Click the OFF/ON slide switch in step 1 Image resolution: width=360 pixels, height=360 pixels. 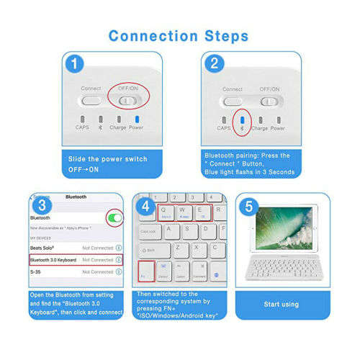tap(130, 100)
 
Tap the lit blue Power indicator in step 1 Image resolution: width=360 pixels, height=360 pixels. tap(137, 118)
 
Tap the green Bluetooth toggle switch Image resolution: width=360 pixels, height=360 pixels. tap(114, 217)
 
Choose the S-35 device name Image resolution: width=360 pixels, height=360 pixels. tap(36, 272)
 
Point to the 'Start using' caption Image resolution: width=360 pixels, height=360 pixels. tap(282, 305)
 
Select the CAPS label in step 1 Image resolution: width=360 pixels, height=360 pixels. tap(83, 128)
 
